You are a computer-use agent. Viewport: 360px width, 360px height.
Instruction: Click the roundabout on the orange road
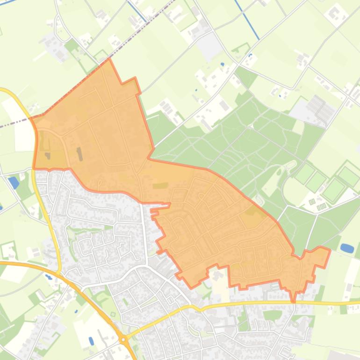(x=123, y=339)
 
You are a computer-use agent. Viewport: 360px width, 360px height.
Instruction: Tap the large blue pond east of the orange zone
(x=347, y=248)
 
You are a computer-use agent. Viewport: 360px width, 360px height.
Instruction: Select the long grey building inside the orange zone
(x=79, y=153)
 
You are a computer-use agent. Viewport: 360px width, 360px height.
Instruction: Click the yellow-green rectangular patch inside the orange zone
(x=160, y=173)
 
